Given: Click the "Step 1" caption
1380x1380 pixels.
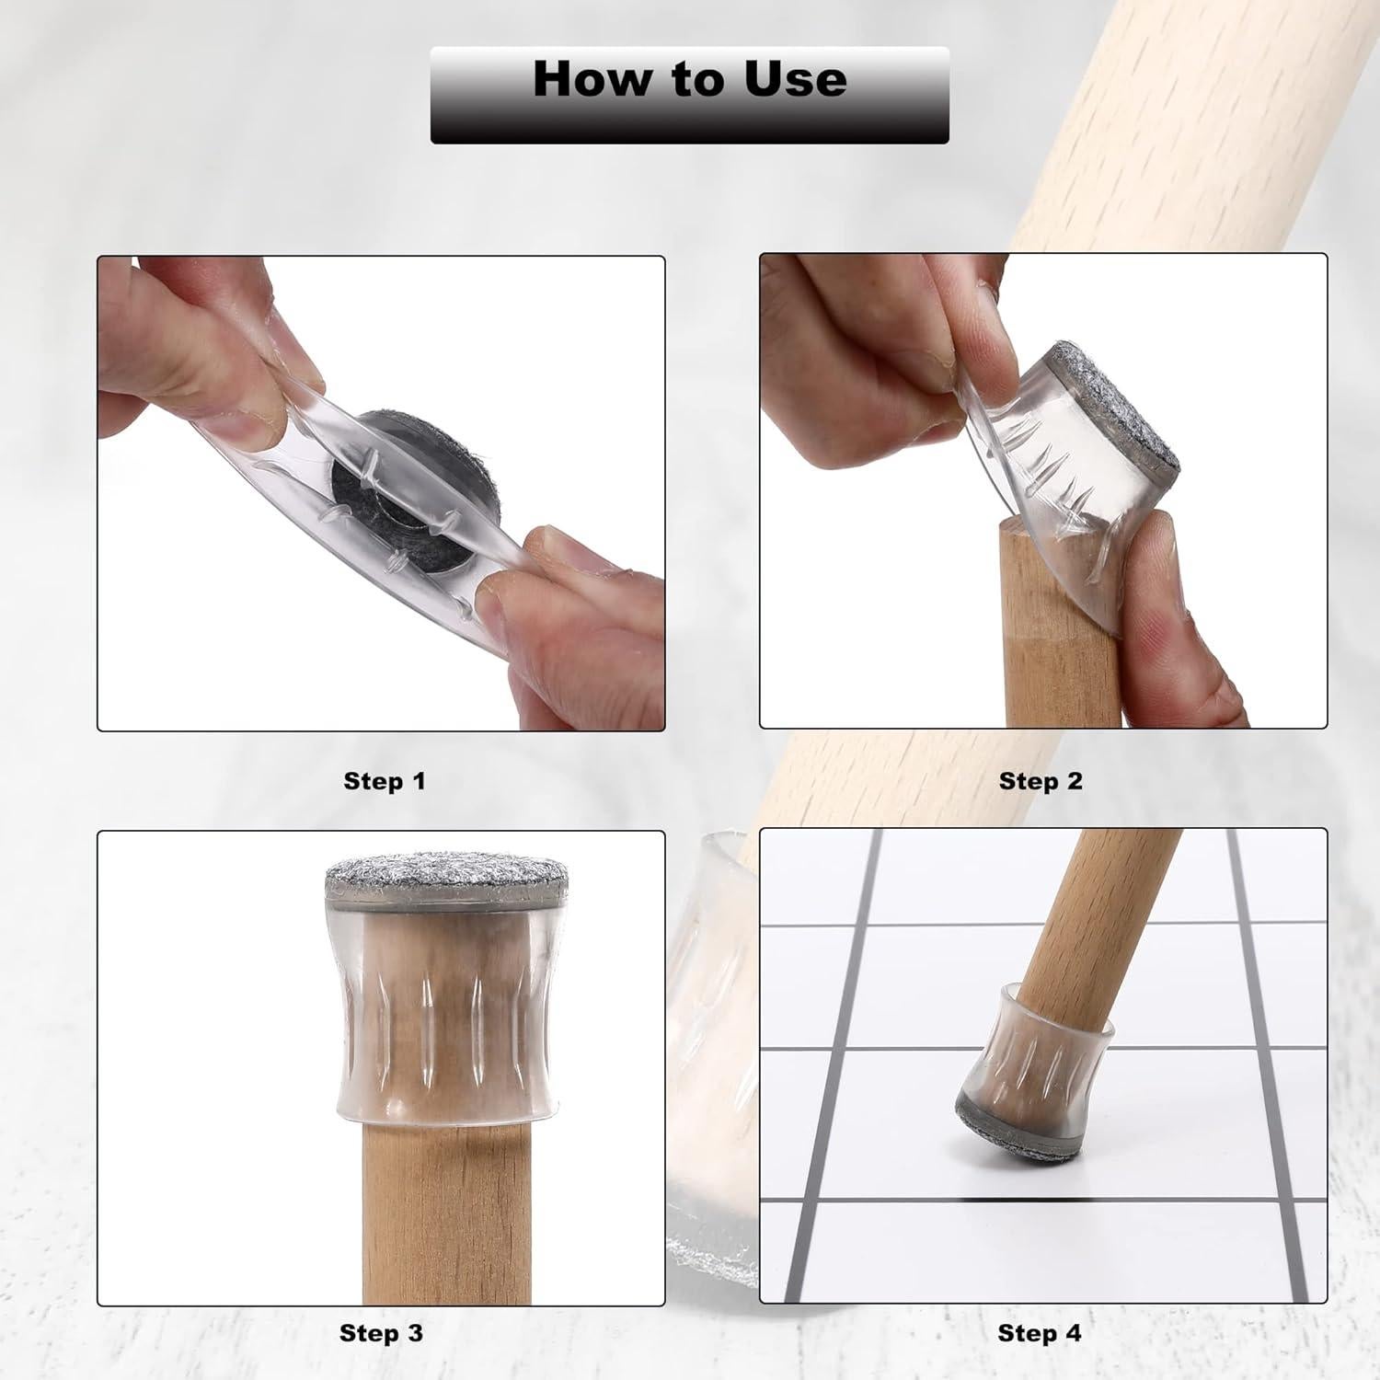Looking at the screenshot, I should [x=384, y=781].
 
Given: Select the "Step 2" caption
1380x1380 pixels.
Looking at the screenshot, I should [x=1041, y=781].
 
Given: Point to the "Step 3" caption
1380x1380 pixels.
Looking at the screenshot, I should [x=381, y=1333].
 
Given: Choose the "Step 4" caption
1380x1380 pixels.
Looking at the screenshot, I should [x=1040, y=1333].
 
